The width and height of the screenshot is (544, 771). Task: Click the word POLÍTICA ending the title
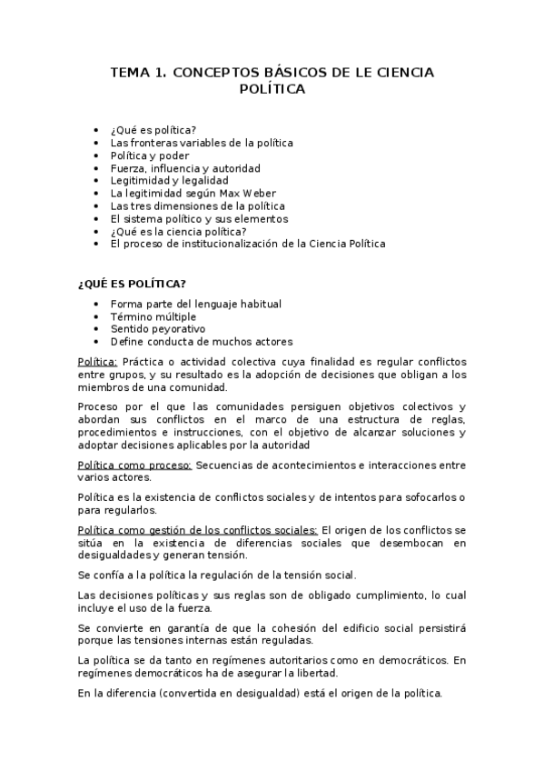(x=272, y=89)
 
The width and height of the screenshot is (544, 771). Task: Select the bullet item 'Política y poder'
(x=150, y=155)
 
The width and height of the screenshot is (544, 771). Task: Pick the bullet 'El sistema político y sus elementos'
(x=199, y=218)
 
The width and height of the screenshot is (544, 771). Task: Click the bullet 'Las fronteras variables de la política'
(x=202, y=143)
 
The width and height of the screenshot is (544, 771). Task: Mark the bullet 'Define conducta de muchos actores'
(x=201, y=341)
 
